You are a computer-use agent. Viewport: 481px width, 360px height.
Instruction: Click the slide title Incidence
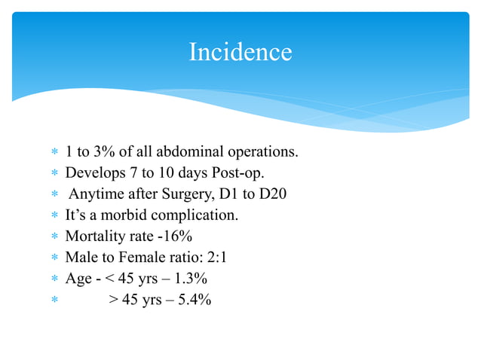[240, 52]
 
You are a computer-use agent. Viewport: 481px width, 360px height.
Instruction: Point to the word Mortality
[95, 236]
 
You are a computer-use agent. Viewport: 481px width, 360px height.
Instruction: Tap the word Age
[78, 279]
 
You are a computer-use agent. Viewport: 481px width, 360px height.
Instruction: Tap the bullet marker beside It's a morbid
[54, 216]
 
